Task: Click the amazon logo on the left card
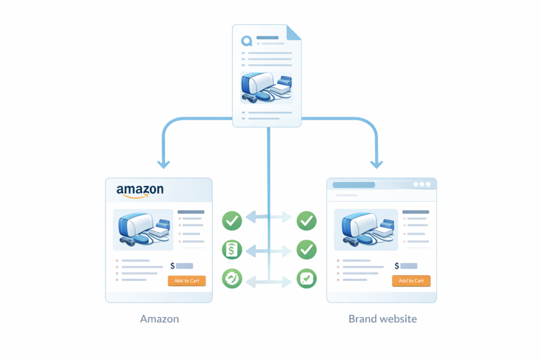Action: [x=140, y=191]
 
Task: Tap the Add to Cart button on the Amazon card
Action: [x=187, y=281]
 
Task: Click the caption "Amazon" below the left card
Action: [x=159, y=319]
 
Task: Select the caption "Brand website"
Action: [x=382, y=319]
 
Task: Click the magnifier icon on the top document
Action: [x=246, y=41]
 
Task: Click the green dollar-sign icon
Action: [x=232, y=250]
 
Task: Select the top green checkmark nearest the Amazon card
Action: [x=232, y=221]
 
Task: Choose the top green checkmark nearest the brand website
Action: [x=306, y=221]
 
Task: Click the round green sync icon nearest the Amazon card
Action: [x=232, y=279]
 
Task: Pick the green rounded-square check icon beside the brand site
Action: [x=306, y=279]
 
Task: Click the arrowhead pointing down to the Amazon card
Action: [x=163, y=164]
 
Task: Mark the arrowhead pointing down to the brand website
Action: [x=376, y=164]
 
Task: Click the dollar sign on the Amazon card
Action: [x=172, y=266]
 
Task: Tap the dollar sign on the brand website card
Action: [x=397, y=266]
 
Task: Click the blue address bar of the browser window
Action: [x=353, y=185]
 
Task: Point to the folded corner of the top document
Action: [x=294, y=32]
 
